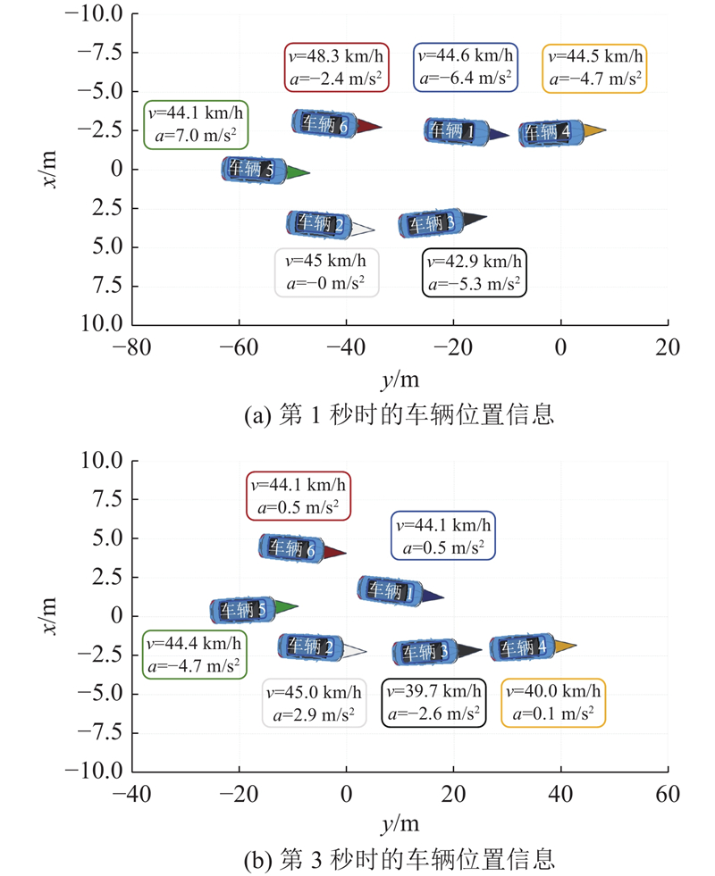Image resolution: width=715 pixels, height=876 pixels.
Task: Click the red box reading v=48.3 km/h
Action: coord(336,67)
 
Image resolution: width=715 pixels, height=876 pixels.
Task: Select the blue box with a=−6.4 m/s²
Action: coord(466,67)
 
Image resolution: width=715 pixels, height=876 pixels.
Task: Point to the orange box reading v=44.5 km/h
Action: coord(595,67)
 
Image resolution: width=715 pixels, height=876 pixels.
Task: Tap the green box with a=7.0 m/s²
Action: coord(196,124)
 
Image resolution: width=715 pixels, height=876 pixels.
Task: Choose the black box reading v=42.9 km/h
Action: coord(474,272)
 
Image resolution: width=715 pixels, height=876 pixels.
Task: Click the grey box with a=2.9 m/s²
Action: coord(315,702)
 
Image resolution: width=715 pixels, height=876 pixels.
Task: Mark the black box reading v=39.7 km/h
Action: coord(434,702)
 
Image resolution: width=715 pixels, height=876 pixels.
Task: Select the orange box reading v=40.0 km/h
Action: coord(553,702)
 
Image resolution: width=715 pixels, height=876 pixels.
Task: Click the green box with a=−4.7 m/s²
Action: coord(194,654)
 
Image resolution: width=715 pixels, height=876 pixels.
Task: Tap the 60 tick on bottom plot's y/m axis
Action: coord(668,794)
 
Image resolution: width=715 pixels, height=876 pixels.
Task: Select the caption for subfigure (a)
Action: coord(400,414)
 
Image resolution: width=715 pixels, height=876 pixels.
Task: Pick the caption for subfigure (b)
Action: coord(400,859)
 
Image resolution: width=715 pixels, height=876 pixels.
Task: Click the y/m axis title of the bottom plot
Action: coord(400,823)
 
